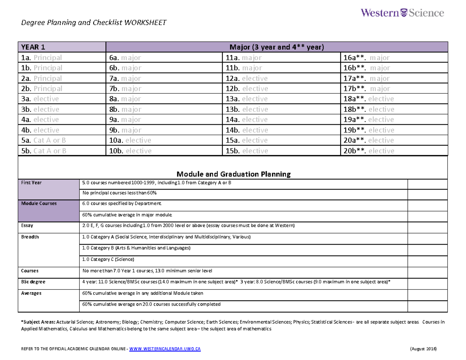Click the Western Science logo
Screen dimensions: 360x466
[402, 13]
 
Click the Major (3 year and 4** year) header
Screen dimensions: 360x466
[276, 47]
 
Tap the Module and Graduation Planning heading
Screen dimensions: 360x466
[233, 174]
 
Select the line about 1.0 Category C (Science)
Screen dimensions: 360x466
[109, 259]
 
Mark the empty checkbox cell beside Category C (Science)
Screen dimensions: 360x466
[428, 259]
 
